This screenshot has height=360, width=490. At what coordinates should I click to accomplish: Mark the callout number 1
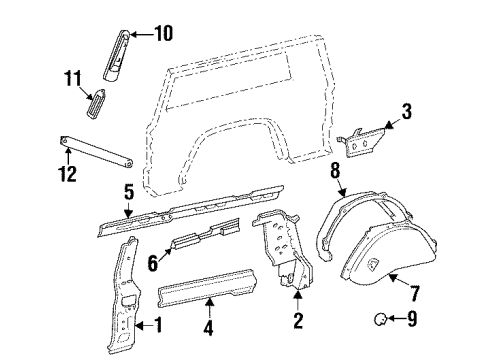pos(158,323)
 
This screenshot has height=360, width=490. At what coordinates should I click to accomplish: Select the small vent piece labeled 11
pos(98,103)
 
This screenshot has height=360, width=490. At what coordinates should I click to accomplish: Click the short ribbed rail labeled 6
pos(205,238)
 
